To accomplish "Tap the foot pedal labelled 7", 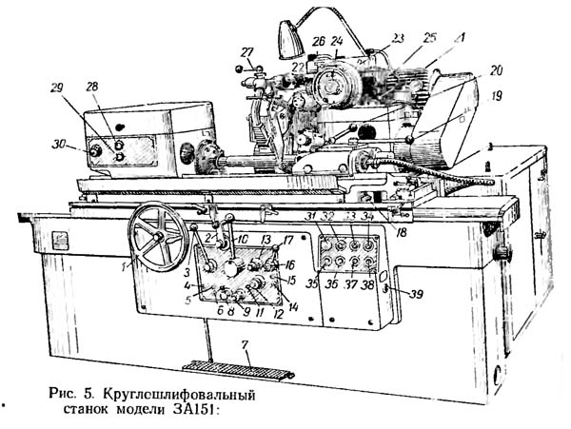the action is [x=226, y=365].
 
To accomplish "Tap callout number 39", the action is [x=415, y=295].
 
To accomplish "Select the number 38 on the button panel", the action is [x=367, y=283].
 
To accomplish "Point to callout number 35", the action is [x=310, y=283].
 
